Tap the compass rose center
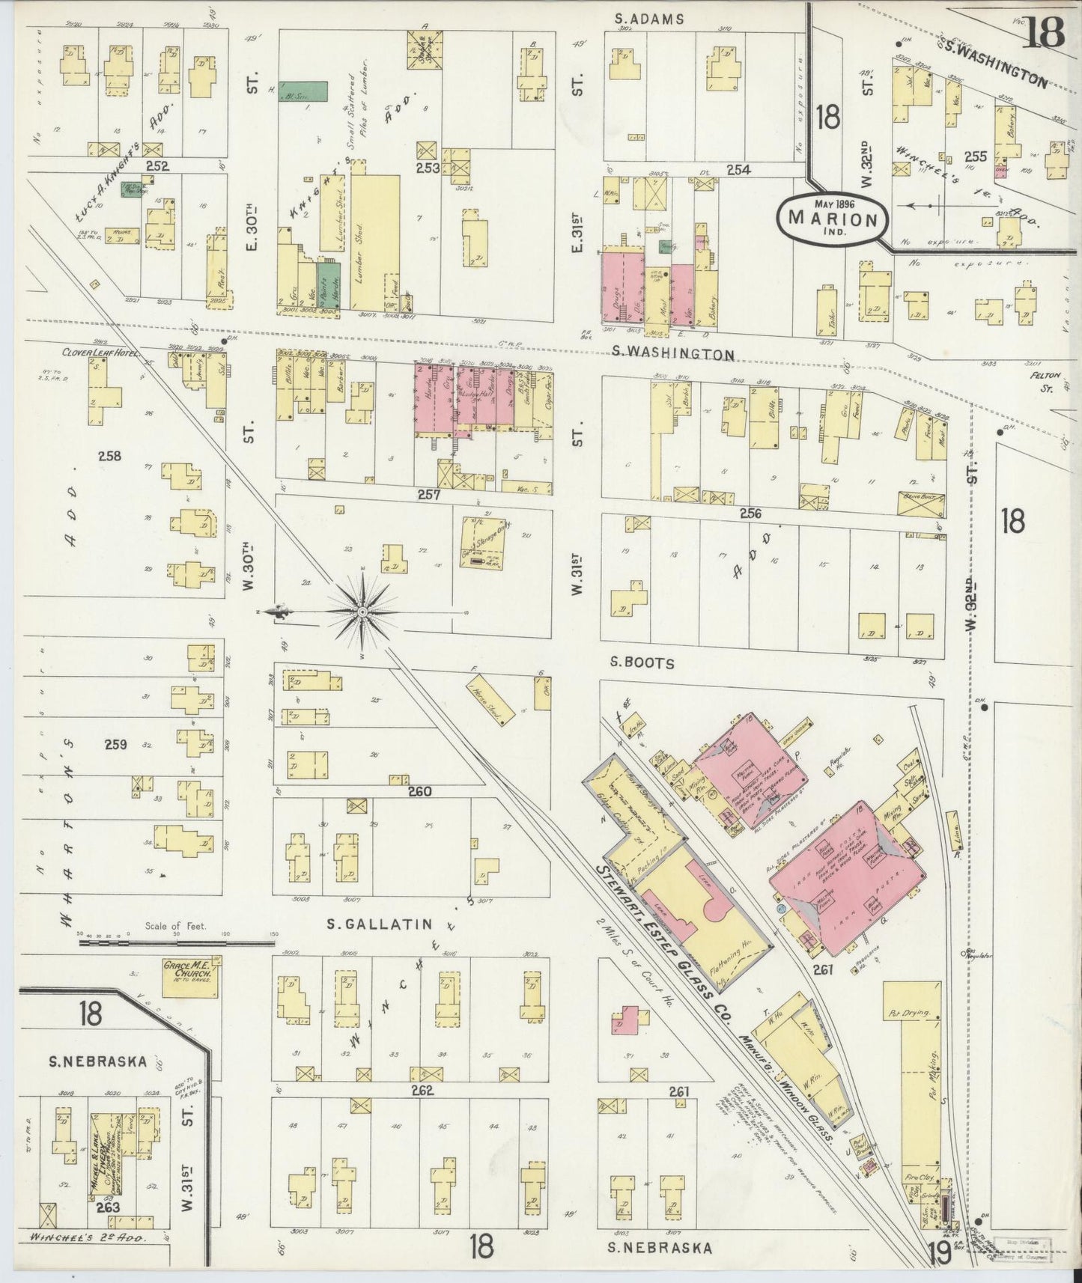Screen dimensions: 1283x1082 363,612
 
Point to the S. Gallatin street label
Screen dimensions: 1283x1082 380,924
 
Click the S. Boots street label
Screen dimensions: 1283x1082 642,662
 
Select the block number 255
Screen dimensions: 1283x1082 975,156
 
